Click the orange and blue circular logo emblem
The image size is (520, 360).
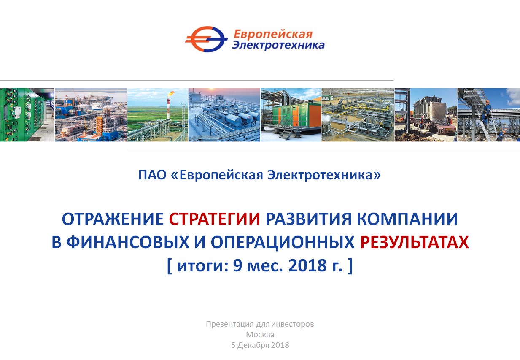tap(206, 39)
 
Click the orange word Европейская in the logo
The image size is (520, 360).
tap(273, 35)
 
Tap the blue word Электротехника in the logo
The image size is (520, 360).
tap(278, 45)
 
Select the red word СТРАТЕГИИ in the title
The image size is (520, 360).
tap(214, 219)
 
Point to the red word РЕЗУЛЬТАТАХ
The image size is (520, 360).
tap(415, 242)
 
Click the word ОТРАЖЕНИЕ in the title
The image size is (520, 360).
tap(113, 219)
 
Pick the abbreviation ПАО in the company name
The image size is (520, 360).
tap(152, 175)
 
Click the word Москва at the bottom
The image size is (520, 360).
tap(260, 334)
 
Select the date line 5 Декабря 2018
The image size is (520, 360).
tap(260, 345)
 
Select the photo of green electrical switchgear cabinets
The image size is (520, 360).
tap(27, 114)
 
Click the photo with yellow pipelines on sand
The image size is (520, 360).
tap(358, 114)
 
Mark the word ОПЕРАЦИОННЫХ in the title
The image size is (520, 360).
tap(283, 242)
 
